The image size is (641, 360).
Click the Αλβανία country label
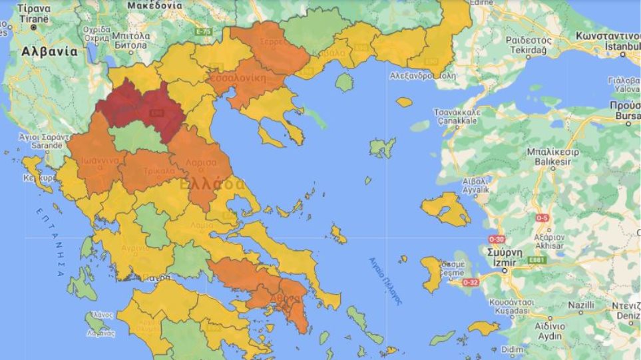(49, 51)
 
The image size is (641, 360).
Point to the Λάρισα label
(202, 162)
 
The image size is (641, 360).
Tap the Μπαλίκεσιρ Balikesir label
(552, 156)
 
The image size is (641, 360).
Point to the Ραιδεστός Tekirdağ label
(528, 45)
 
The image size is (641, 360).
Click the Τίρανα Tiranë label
(34, 13)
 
